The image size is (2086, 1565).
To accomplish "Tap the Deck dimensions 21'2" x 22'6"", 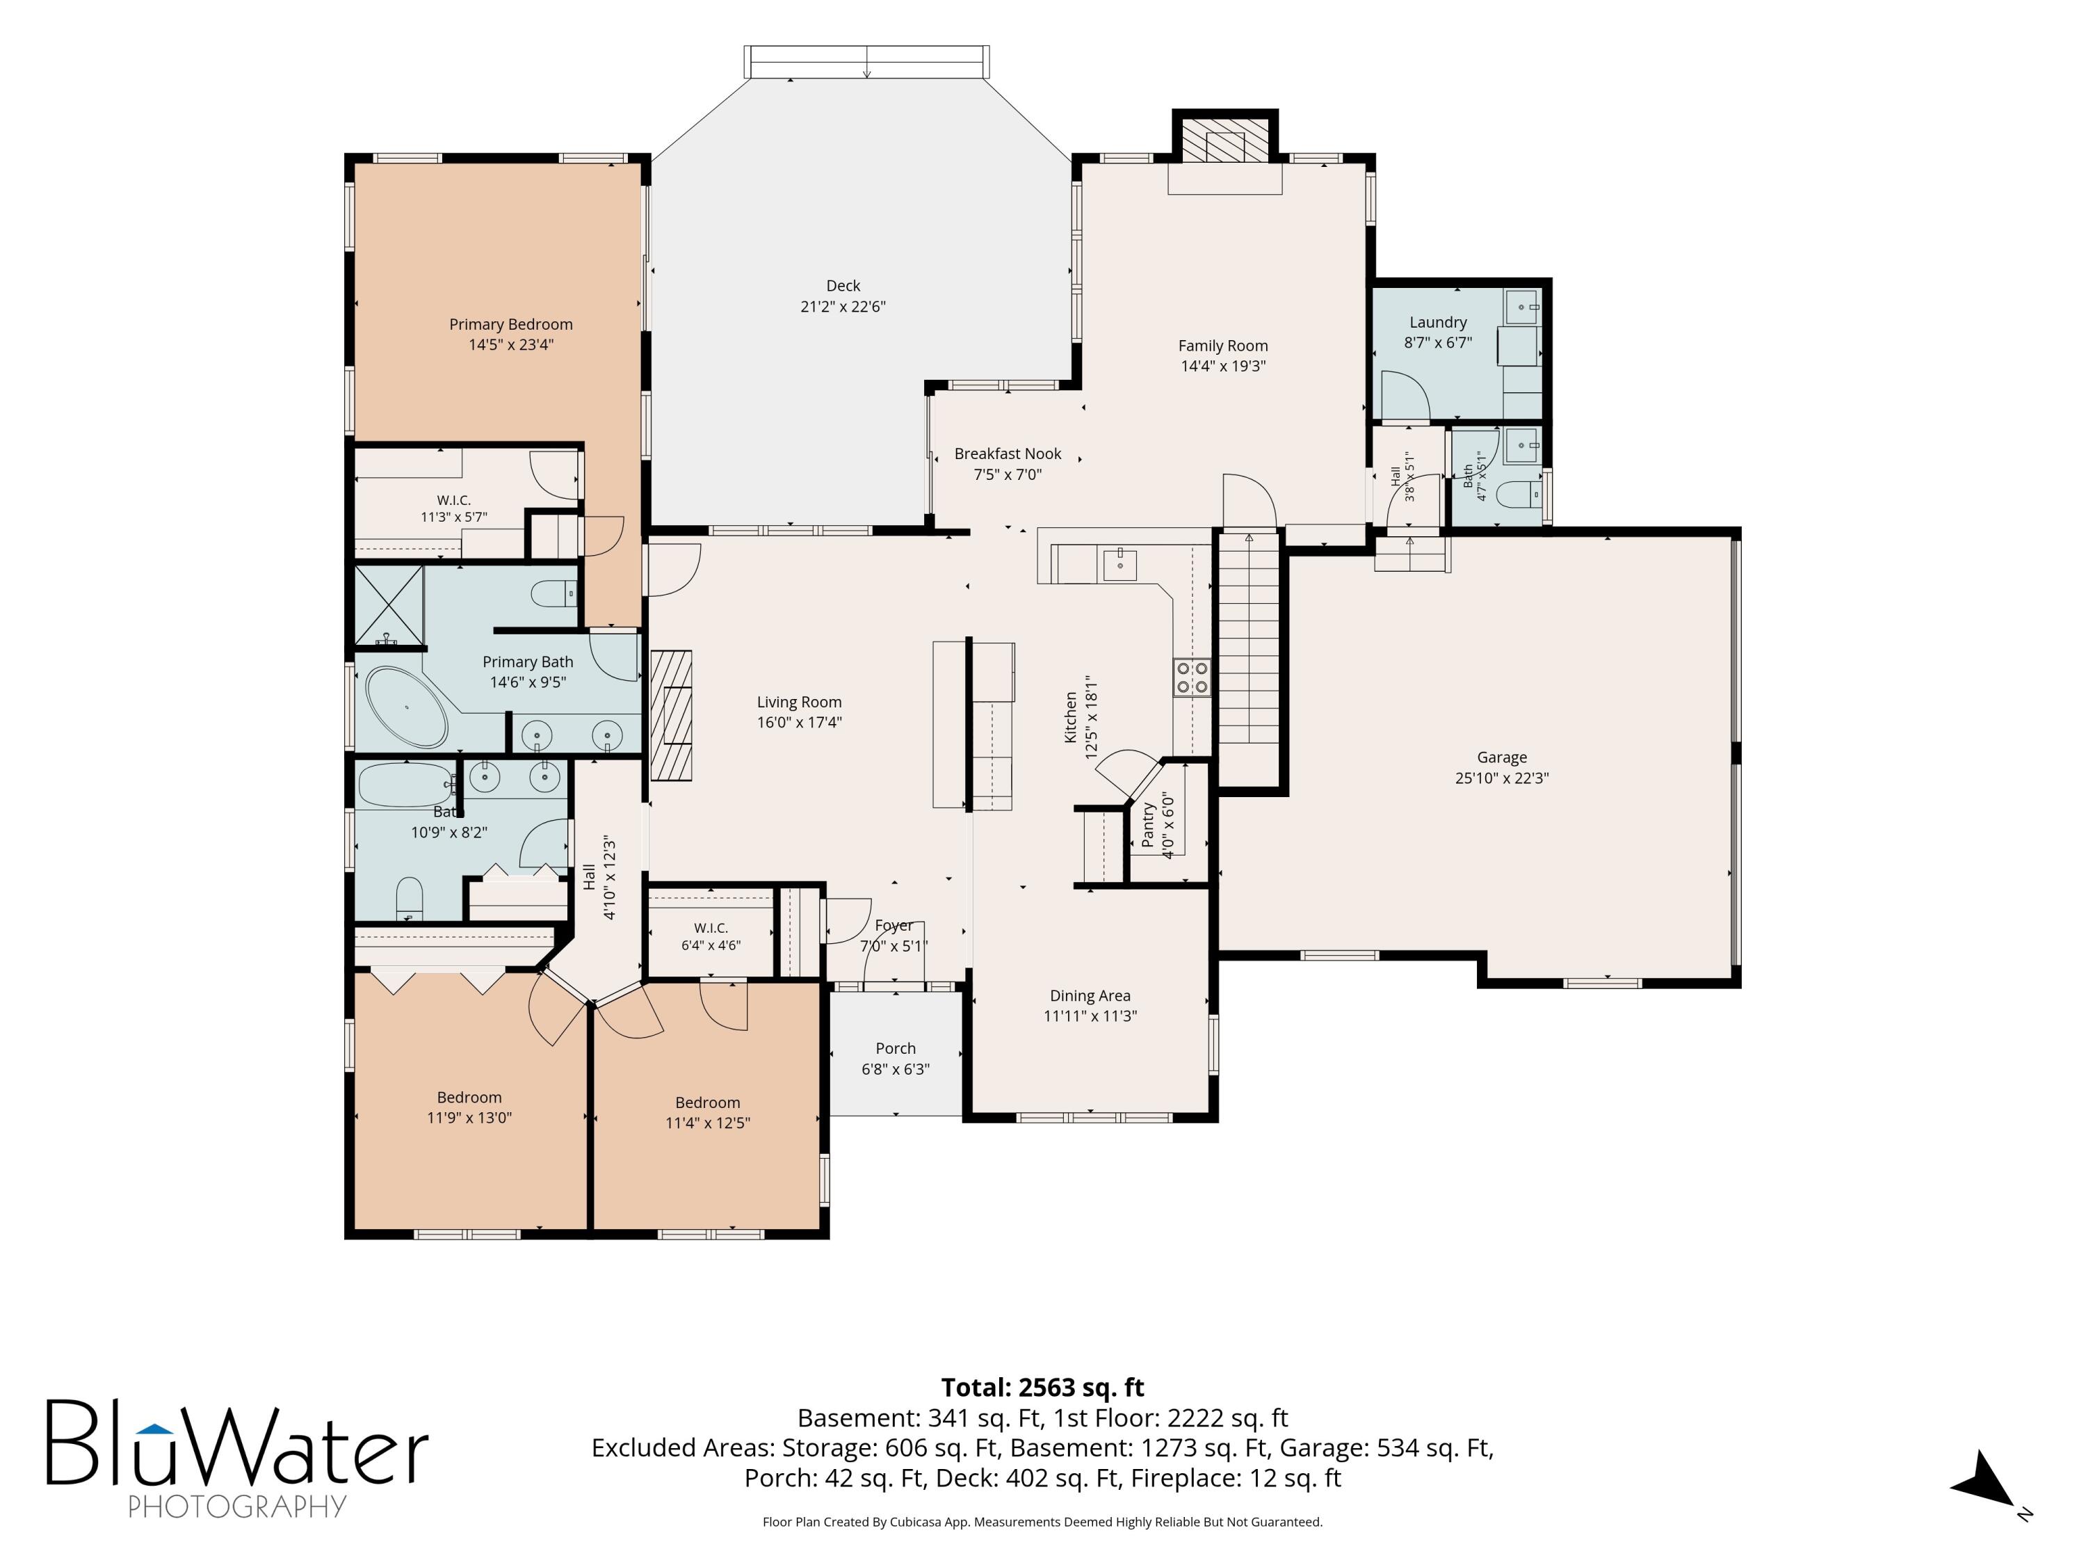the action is (843, 307).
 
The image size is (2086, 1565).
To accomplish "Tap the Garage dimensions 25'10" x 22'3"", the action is (1502, 778).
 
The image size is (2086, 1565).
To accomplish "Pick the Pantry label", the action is (1148, 826).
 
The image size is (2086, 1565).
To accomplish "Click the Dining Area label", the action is (1090, 996).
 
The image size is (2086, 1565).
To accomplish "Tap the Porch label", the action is (896, 1049).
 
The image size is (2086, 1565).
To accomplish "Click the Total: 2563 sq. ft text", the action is (1042, 1388).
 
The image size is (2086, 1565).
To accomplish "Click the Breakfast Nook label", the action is (1008, 454).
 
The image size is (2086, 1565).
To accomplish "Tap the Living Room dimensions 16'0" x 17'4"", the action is (800, 723).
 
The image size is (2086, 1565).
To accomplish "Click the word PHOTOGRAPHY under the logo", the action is (238, 1506).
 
